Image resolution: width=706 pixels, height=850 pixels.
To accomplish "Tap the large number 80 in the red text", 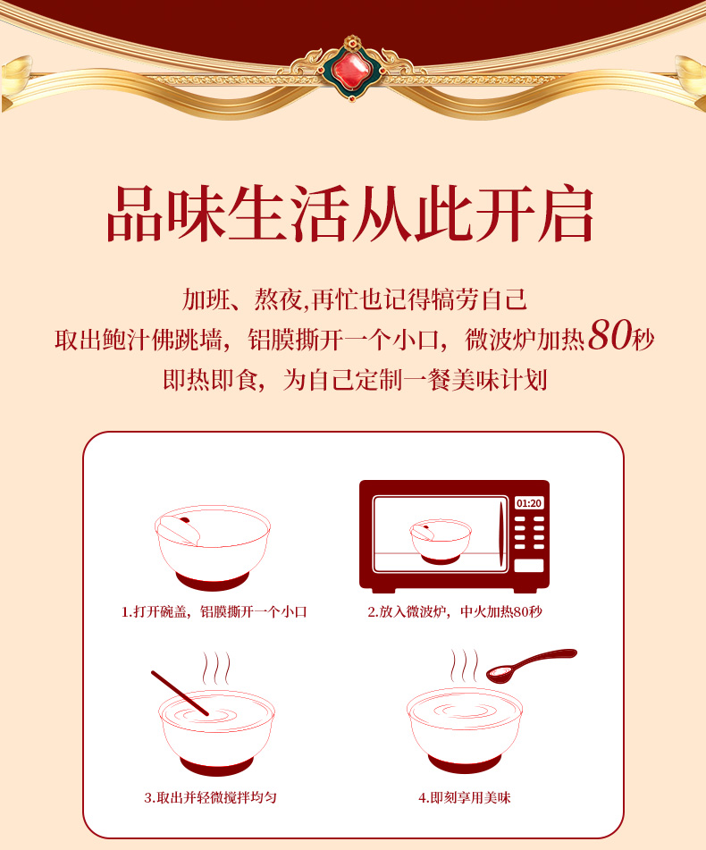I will point(610,338).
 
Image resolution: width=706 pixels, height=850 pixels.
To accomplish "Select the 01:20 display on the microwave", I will point(528,503).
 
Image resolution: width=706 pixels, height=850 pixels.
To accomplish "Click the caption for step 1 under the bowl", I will point(214,612).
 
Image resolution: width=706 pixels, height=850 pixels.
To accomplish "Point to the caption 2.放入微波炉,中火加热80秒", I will point(455,612).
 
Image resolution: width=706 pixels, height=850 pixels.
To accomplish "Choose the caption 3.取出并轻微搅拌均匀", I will point(210,796).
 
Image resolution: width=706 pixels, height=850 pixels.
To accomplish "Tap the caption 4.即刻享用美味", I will point(464,796).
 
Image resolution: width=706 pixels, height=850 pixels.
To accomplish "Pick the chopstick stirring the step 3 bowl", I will point(179,693).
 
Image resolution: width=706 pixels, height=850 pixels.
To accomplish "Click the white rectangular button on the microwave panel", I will point(528,566).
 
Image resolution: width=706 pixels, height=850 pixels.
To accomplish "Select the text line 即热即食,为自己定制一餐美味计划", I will point(354,380).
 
